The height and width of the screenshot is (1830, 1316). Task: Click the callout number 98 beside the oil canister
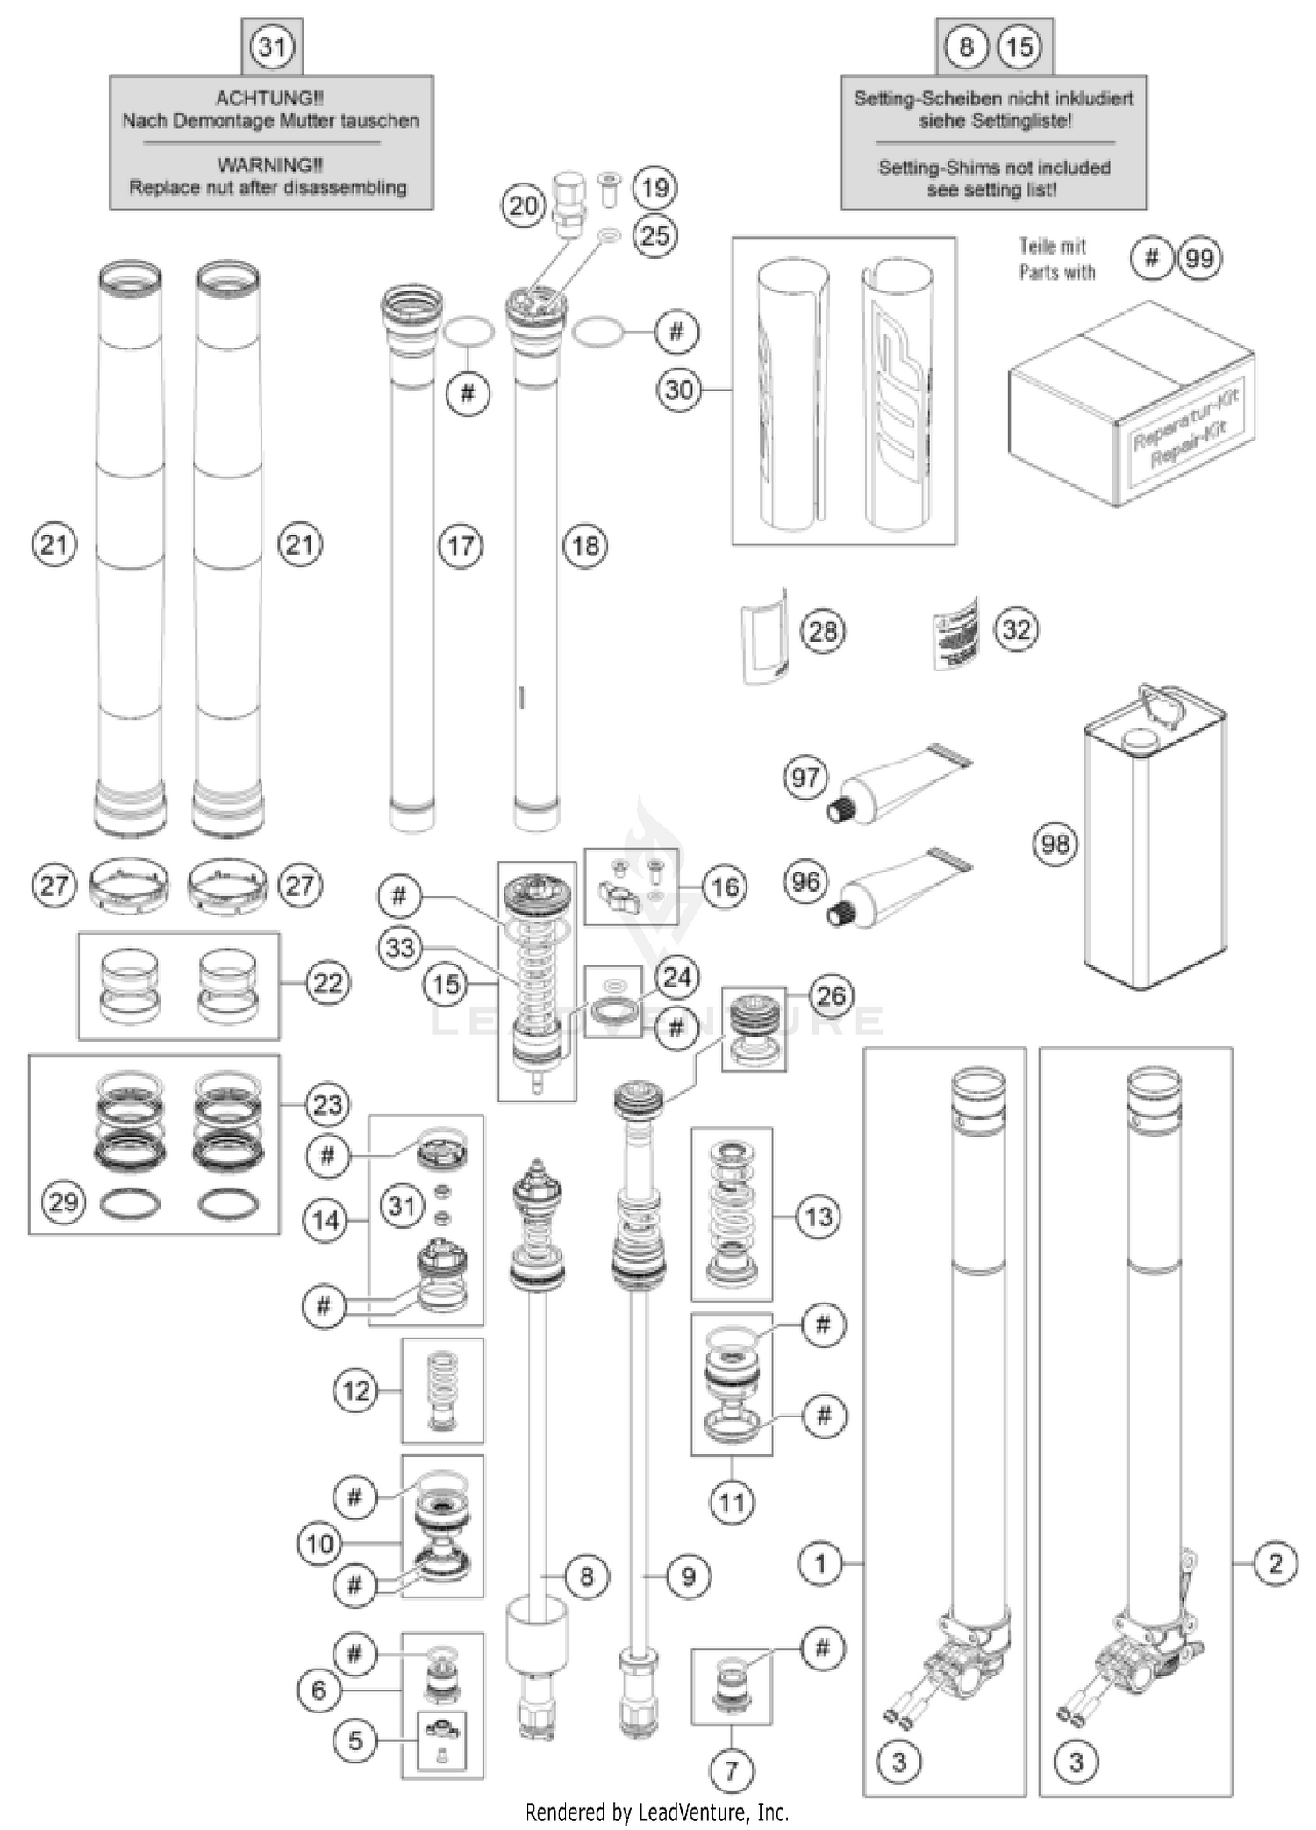click(x=1055, y=844)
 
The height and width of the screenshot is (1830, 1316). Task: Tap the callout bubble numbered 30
click(x=679, y=390)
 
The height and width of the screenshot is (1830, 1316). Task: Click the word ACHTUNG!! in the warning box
click(x=269, y=98)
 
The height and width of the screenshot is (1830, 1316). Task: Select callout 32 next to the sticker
click(x=1016, y=629)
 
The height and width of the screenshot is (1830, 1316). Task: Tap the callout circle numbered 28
click(x=822, y=631)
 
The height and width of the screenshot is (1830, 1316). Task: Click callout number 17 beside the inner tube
click(x=461, y=546)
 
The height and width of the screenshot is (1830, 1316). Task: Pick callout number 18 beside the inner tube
click(x=585, y=546)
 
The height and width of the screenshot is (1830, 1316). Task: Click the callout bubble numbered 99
click(x=1199, y=258)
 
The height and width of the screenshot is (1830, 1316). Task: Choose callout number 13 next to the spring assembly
click(x=819, y=1216)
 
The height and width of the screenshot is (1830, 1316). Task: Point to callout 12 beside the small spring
click(x=356, y=1390)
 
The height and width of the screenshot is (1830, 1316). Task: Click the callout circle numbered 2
click(x=1275, y=1563)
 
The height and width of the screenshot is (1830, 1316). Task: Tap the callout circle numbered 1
click(x=820, y=1563)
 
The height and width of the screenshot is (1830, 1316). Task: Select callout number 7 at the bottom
click(x=732, y=1770)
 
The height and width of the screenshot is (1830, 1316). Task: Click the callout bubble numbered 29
click(x=64, y=1201)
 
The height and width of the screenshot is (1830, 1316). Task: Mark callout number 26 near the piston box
click(x=830, y=995)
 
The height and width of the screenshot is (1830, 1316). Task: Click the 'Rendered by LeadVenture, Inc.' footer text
click(x=656, y=1812)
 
